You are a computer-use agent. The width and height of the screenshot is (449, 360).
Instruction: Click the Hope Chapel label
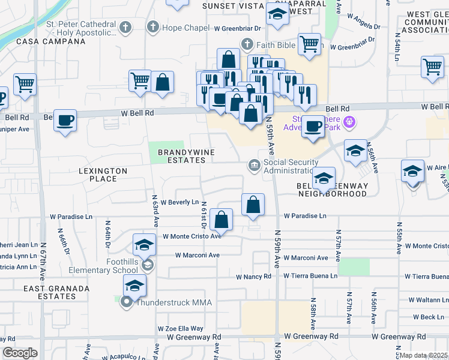pos(186,28)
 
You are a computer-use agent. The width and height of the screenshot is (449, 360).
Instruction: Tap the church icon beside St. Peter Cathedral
pos(125,28)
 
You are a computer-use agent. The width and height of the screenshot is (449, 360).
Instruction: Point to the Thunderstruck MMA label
pos(173,302)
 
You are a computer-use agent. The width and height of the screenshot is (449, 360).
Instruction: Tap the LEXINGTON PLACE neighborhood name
pos(103,175)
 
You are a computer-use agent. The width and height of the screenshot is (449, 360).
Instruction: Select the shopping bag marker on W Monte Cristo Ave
pos(222,220)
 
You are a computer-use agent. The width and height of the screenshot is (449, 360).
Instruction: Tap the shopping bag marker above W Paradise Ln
pos(253,204)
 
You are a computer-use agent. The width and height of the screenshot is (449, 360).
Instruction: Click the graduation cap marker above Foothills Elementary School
pos(144,244)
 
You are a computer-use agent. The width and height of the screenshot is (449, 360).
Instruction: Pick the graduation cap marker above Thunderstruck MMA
pos(134,286)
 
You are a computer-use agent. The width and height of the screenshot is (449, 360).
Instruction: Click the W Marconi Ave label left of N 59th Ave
pos(197,255)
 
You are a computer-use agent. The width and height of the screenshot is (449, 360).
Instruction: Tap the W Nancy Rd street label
pos(253,277)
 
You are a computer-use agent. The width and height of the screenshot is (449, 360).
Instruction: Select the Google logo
pos(20,353)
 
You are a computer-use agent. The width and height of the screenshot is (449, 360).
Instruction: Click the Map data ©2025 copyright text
pos(423,355)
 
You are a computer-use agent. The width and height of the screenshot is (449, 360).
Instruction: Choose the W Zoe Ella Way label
pos(181,329)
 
